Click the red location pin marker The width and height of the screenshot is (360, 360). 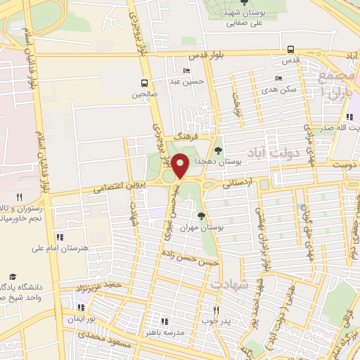[180, 165]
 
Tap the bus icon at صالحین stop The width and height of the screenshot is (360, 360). [144, 82]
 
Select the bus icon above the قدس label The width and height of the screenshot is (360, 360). [291, 49]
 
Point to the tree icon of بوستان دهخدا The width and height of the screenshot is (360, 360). [218, 150]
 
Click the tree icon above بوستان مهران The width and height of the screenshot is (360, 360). [202, 216]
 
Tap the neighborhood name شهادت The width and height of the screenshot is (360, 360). [229, 283]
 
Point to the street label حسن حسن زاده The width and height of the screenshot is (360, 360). [189, 258]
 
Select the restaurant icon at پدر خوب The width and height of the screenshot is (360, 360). [217, 309]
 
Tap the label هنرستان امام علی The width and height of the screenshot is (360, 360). [58, 247]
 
